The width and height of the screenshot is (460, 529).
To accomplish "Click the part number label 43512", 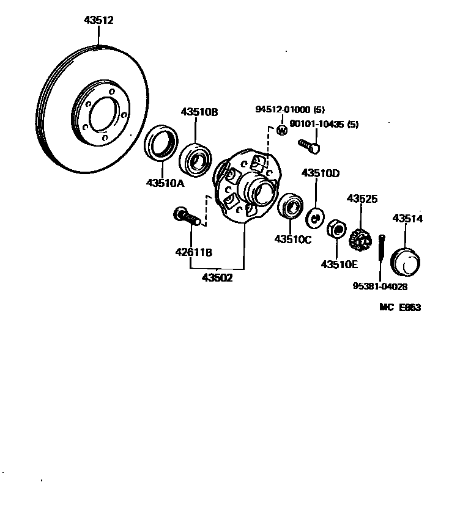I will pos(98,20).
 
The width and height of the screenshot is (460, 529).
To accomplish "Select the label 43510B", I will pos(199,112).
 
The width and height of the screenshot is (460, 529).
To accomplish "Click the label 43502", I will pos(217,277).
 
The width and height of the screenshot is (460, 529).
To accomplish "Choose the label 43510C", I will pos(292,239).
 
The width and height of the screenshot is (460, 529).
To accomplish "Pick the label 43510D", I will pos(320,173).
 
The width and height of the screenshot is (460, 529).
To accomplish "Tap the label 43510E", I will pos(339,264).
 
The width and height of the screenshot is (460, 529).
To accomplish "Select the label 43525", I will pos(362,199).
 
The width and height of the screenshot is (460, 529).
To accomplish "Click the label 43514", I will pos(407,218).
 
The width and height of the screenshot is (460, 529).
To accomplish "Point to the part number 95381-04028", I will pos(380,286).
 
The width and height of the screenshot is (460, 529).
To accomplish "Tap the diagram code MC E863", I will pos(400,308).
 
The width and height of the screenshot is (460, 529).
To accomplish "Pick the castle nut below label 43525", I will pos(361,238).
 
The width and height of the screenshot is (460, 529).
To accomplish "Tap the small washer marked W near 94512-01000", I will pos(282,130).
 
